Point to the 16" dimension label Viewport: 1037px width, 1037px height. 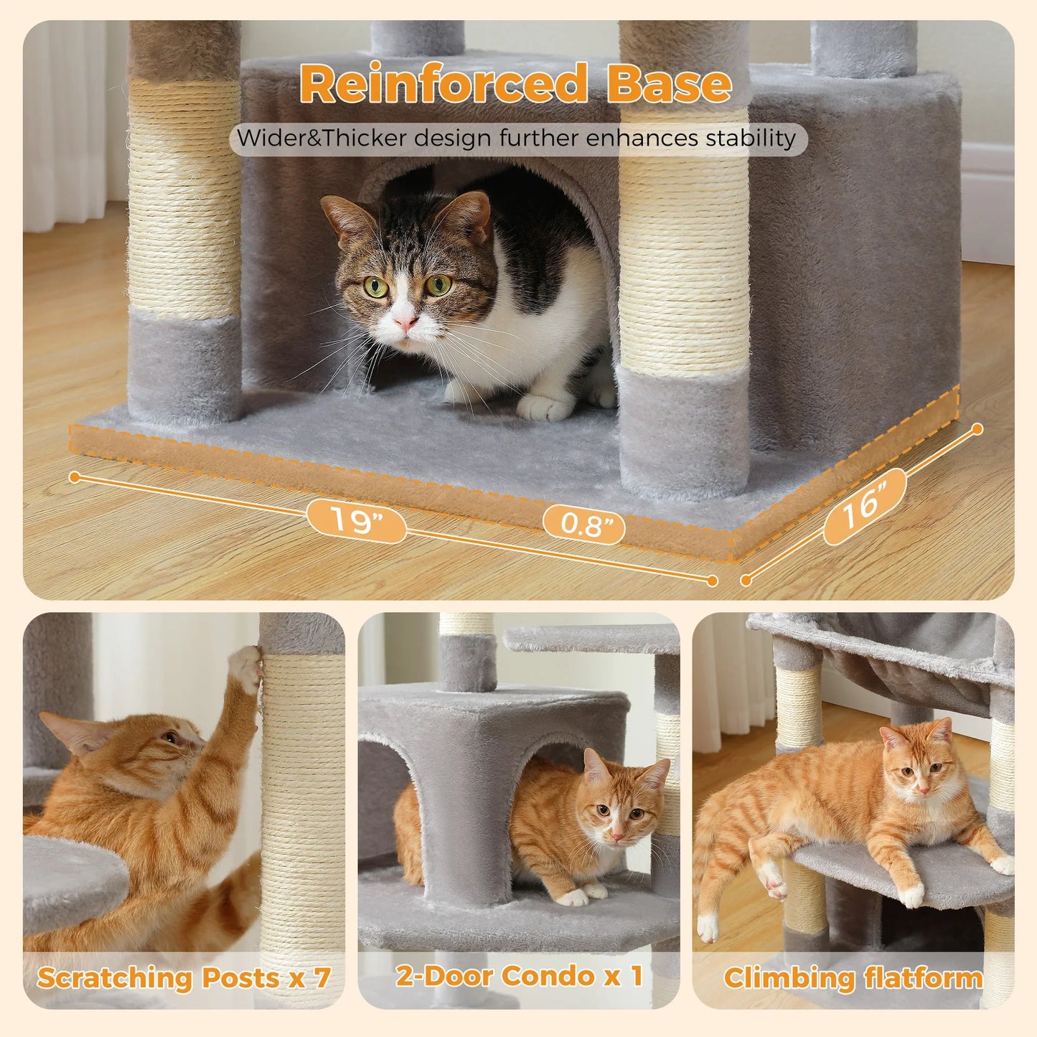tap(863, 505)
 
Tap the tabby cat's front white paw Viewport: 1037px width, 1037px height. tap(545, 407)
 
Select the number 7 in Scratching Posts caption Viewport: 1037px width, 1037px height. tap(322, 977)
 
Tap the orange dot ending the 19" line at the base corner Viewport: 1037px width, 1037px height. tap(712, 581)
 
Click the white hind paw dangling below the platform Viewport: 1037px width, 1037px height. tap(707, 928)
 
